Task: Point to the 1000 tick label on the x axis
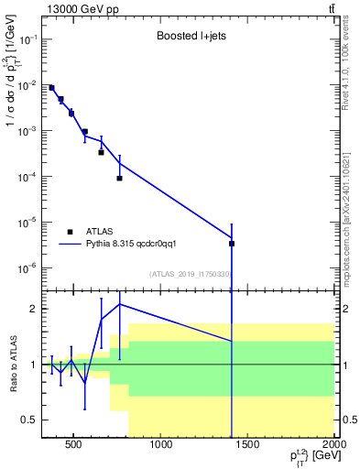(161, 447)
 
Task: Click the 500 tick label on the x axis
(74, 447)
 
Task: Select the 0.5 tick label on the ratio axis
(27, 420)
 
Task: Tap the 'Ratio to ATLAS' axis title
(11, 365)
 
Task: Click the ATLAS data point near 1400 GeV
(232, 244)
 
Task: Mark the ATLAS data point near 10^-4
(119, 178)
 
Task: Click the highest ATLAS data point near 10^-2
(52, 88)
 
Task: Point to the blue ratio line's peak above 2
(119, 304)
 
